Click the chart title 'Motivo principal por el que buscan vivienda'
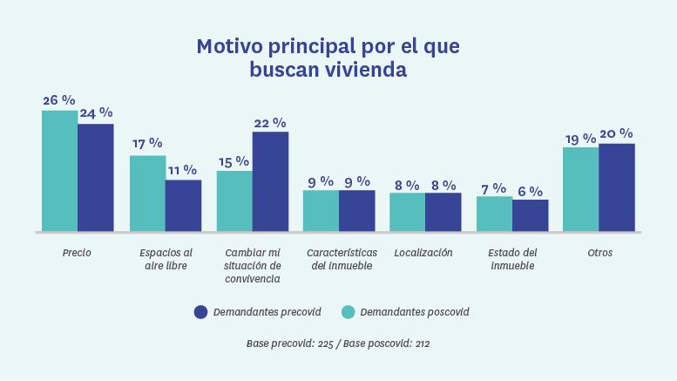tap(328, 57)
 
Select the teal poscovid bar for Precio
tap(59, 171)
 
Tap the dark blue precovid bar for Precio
tap(95, 178)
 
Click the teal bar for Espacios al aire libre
tap(147, 194)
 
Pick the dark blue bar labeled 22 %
tap(270, 181)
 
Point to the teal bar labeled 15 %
tap(234, 201)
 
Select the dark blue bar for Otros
tap(616, 187)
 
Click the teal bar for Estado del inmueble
tap(494, 214)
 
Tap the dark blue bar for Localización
tap(443, 212)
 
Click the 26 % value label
tap(59, 100)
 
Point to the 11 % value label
tap(183, 170)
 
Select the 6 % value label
tap(530, 191)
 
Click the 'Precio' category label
tap(77, 254)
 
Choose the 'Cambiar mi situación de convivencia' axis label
tap(252, 266)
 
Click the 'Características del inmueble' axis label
tap(339, 260)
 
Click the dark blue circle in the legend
tap(200, 312)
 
